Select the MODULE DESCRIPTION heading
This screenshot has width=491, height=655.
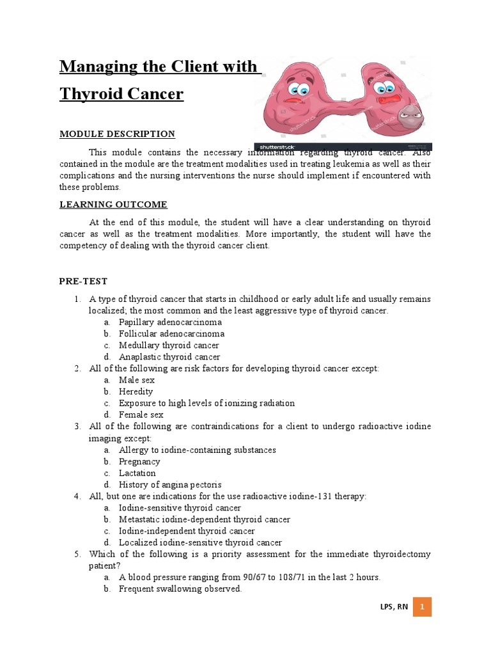pos(117,134)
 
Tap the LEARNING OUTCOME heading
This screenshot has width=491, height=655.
pos(113,205)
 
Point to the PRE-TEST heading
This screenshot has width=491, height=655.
pos(83,281)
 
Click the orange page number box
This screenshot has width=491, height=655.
pos(422,607)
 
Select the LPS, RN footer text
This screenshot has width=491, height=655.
pos(393,608)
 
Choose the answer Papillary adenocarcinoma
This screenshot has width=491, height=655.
pos(170,322)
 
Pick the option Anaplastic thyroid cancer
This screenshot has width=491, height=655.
pos(169,357)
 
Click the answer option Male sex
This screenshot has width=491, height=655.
pos(137,380)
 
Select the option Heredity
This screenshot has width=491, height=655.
pos(136,391)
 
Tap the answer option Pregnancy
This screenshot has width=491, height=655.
pos(139,461)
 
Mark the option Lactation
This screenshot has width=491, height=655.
pos(137,473)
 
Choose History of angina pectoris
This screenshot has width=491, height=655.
pos(170,485)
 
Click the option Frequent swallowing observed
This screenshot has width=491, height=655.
pos(180,588)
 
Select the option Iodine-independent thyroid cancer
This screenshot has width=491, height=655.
pos(187,531)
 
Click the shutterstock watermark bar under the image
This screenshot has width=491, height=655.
pos(343,146)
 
